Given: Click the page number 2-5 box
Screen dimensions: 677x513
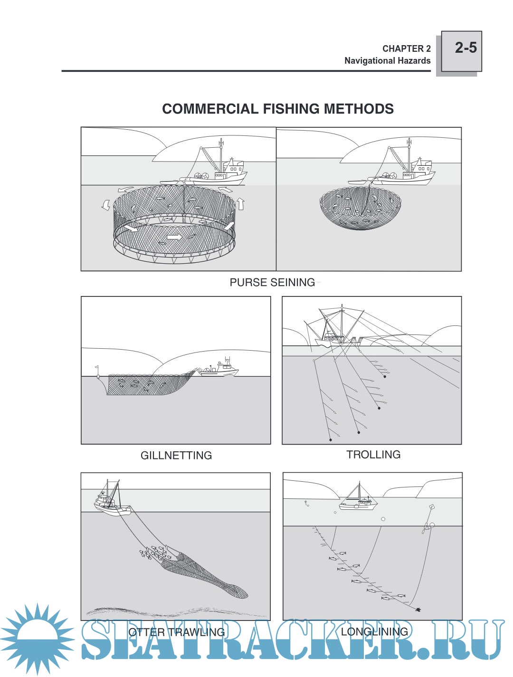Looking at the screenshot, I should [x=461, y=51].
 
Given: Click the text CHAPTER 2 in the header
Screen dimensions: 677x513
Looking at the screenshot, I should [x=406, y=48].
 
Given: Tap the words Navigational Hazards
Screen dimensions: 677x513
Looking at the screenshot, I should [x=387, y=61].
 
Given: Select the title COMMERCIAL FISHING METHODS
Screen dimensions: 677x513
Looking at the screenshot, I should [x=278, y=109].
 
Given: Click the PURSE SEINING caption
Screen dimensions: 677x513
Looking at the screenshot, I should [x=272, y=282].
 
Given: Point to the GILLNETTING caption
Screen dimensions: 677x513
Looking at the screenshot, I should [x=176, y=455].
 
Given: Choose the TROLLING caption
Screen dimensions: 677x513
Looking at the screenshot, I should [x=373, y=455].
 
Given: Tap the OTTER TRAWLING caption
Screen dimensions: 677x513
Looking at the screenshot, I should [x=177, y=632].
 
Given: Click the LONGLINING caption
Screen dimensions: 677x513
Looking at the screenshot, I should [x=374, y=631].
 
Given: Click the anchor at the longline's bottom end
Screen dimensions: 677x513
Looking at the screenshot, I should [x=418, y=610].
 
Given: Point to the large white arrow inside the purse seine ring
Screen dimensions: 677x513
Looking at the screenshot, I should [x=174, y=237].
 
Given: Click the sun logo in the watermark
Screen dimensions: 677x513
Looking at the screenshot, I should [x=37, y=639].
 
